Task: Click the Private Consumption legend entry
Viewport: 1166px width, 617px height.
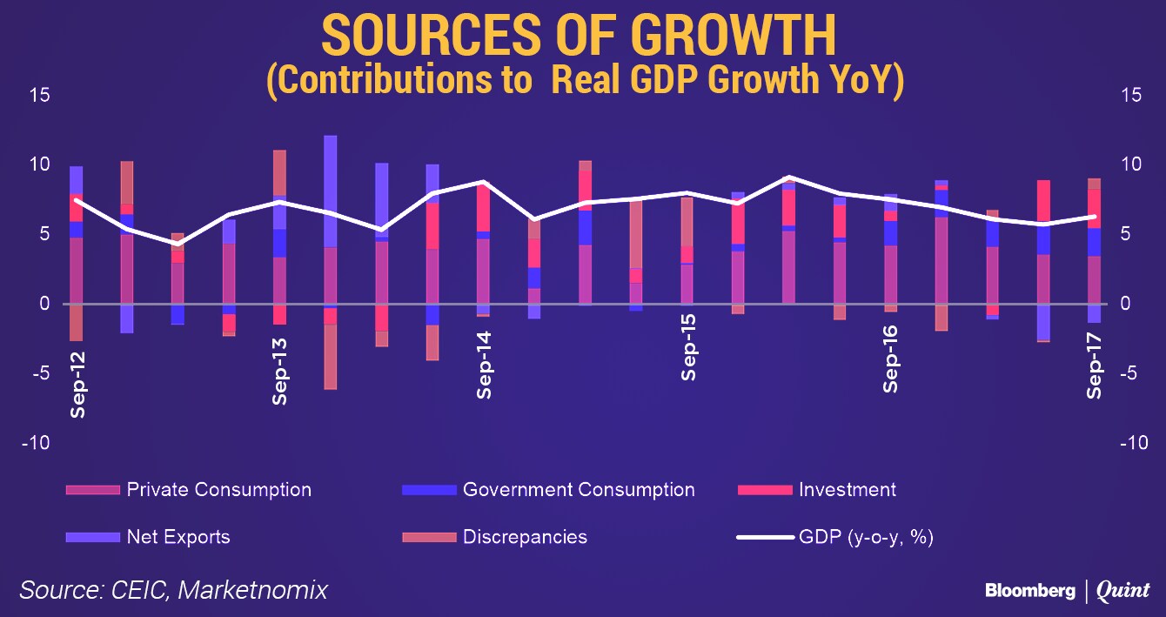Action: (218, 489)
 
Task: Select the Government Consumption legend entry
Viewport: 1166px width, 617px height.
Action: (579, 489)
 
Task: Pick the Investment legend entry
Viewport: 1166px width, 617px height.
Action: (847, 489)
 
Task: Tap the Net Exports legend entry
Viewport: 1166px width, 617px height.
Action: (178, 536)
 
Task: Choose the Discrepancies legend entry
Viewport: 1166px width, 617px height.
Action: (525, 536)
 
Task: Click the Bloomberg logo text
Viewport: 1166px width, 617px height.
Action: (1029, 591)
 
